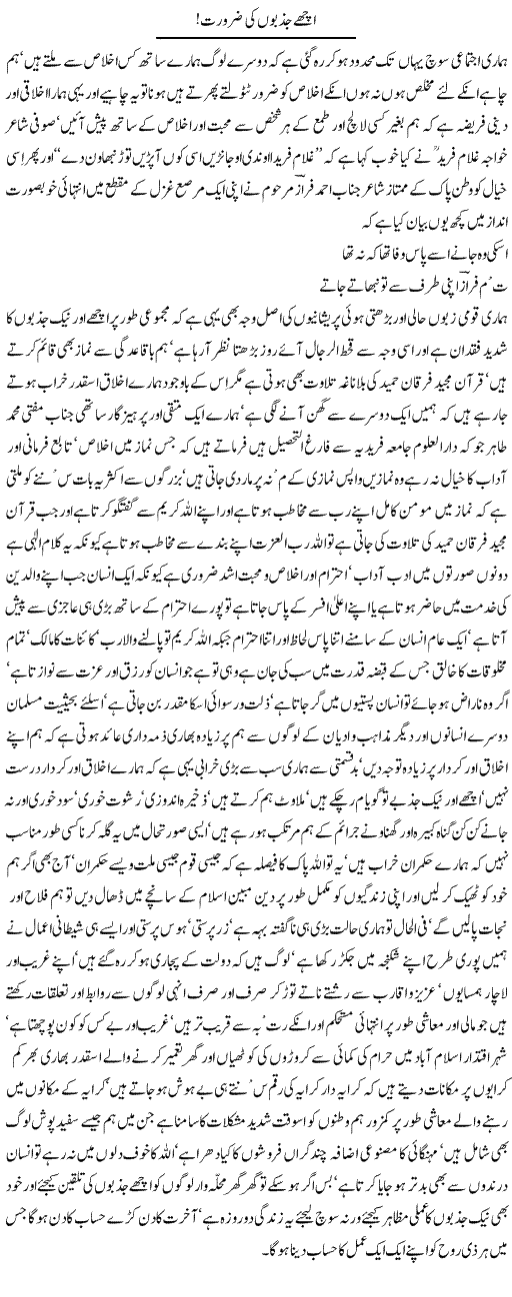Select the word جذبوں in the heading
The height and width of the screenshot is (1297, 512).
click(281, 17)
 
